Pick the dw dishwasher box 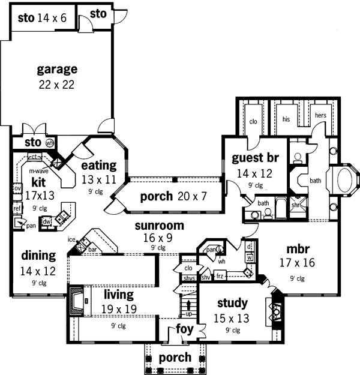pos(47,221)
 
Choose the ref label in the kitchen pos(17,208)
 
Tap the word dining pos(37,256)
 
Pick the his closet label pos(286,119)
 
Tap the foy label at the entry pos(184,329)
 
